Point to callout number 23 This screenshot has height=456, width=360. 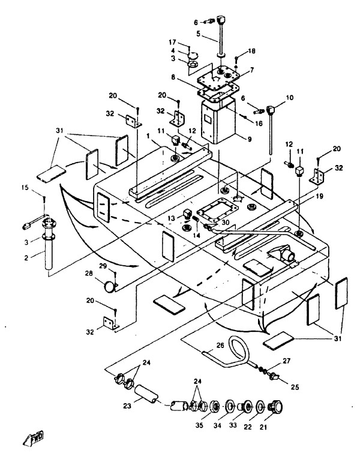click(x=127, y=405)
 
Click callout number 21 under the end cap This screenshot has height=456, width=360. click(x=278, y=427)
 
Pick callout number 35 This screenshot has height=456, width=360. click(x=198, y=427)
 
